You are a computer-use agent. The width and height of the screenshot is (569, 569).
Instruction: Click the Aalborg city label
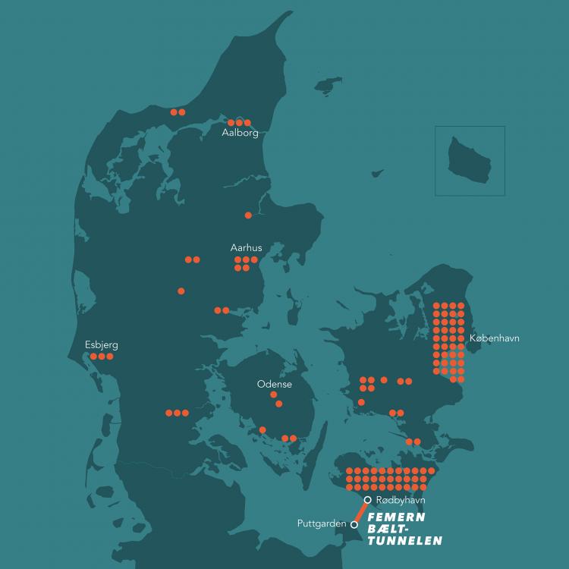[240, 133]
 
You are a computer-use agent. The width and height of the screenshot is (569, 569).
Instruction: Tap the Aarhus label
[246, 248]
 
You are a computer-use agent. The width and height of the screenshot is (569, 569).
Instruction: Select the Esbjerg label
[102, 345]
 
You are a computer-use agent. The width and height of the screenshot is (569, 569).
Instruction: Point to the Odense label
[275, 385]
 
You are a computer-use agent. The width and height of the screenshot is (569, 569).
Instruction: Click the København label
[495, 338]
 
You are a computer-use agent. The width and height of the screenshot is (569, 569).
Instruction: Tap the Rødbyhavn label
[401, 501]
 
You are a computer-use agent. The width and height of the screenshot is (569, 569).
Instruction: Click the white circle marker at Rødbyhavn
[367, 500]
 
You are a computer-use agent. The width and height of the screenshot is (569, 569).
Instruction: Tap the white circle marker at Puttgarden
[354, 523]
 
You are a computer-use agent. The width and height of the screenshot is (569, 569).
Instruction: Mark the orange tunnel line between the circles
[361, 511]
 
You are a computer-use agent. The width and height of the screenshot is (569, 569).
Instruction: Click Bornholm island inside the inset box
[469, 159]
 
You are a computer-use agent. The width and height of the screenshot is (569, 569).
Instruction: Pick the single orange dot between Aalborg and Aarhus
[248, 215]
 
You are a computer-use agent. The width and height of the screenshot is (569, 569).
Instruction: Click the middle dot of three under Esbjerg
[102, 357]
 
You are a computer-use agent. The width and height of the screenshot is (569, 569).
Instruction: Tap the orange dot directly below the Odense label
[274, 395]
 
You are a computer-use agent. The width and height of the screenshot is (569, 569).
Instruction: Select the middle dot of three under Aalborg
[239, 122]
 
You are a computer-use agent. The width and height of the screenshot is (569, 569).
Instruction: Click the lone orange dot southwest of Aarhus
[181, 291]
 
